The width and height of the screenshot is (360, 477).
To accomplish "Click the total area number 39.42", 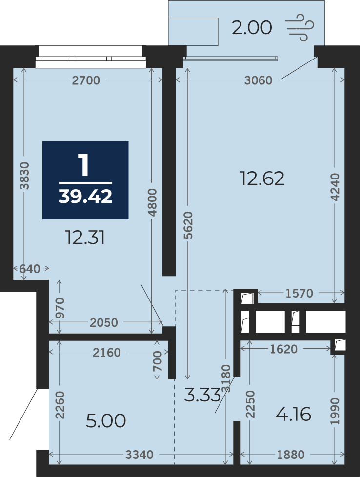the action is (x=85, y=196).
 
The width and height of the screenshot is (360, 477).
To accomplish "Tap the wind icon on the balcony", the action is (x=300, y=27).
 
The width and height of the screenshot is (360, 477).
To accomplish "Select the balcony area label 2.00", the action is (x=252, y=28).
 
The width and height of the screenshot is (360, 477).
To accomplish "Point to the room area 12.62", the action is (x=262, y=179).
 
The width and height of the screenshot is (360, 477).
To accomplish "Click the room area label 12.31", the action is (x=85, y=238).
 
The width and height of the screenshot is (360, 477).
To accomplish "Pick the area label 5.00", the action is (x=106, y=421).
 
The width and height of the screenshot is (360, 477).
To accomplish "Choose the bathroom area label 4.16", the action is (x=293, y=415).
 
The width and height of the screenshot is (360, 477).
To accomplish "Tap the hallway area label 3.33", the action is (x=202, y=395).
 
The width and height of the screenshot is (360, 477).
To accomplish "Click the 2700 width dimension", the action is (x=86, y=80).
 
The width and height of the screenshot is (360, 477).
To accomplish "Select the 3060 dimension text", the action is (x=258, y=80).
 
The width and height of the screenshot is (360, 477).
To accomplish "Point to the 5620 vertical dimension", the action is (x=189, y=225).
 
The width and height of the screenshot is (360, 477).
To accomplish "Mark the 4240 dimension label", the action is (x=335, y=187).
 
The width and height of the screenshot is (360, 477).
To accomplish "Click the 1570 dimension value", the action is (x=300, y=293).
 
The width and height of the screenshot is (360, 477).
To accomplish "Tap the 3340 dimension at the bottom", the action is (x=140, y=455).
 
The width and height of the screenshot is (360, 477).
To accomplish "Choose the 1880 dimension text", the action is (x=291, y=455).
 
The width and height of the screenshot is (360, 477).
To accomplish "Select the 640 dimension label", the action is (x=30, y=269).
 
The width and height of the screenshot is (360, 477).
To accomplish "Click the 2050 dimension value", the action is (x=104, y=323).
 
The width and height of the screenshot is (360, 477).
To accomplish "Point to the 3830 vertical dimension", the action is (x=25, y=176).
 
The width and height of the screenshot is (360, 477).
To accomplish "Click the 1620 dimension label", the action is (x=283, y=349).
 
